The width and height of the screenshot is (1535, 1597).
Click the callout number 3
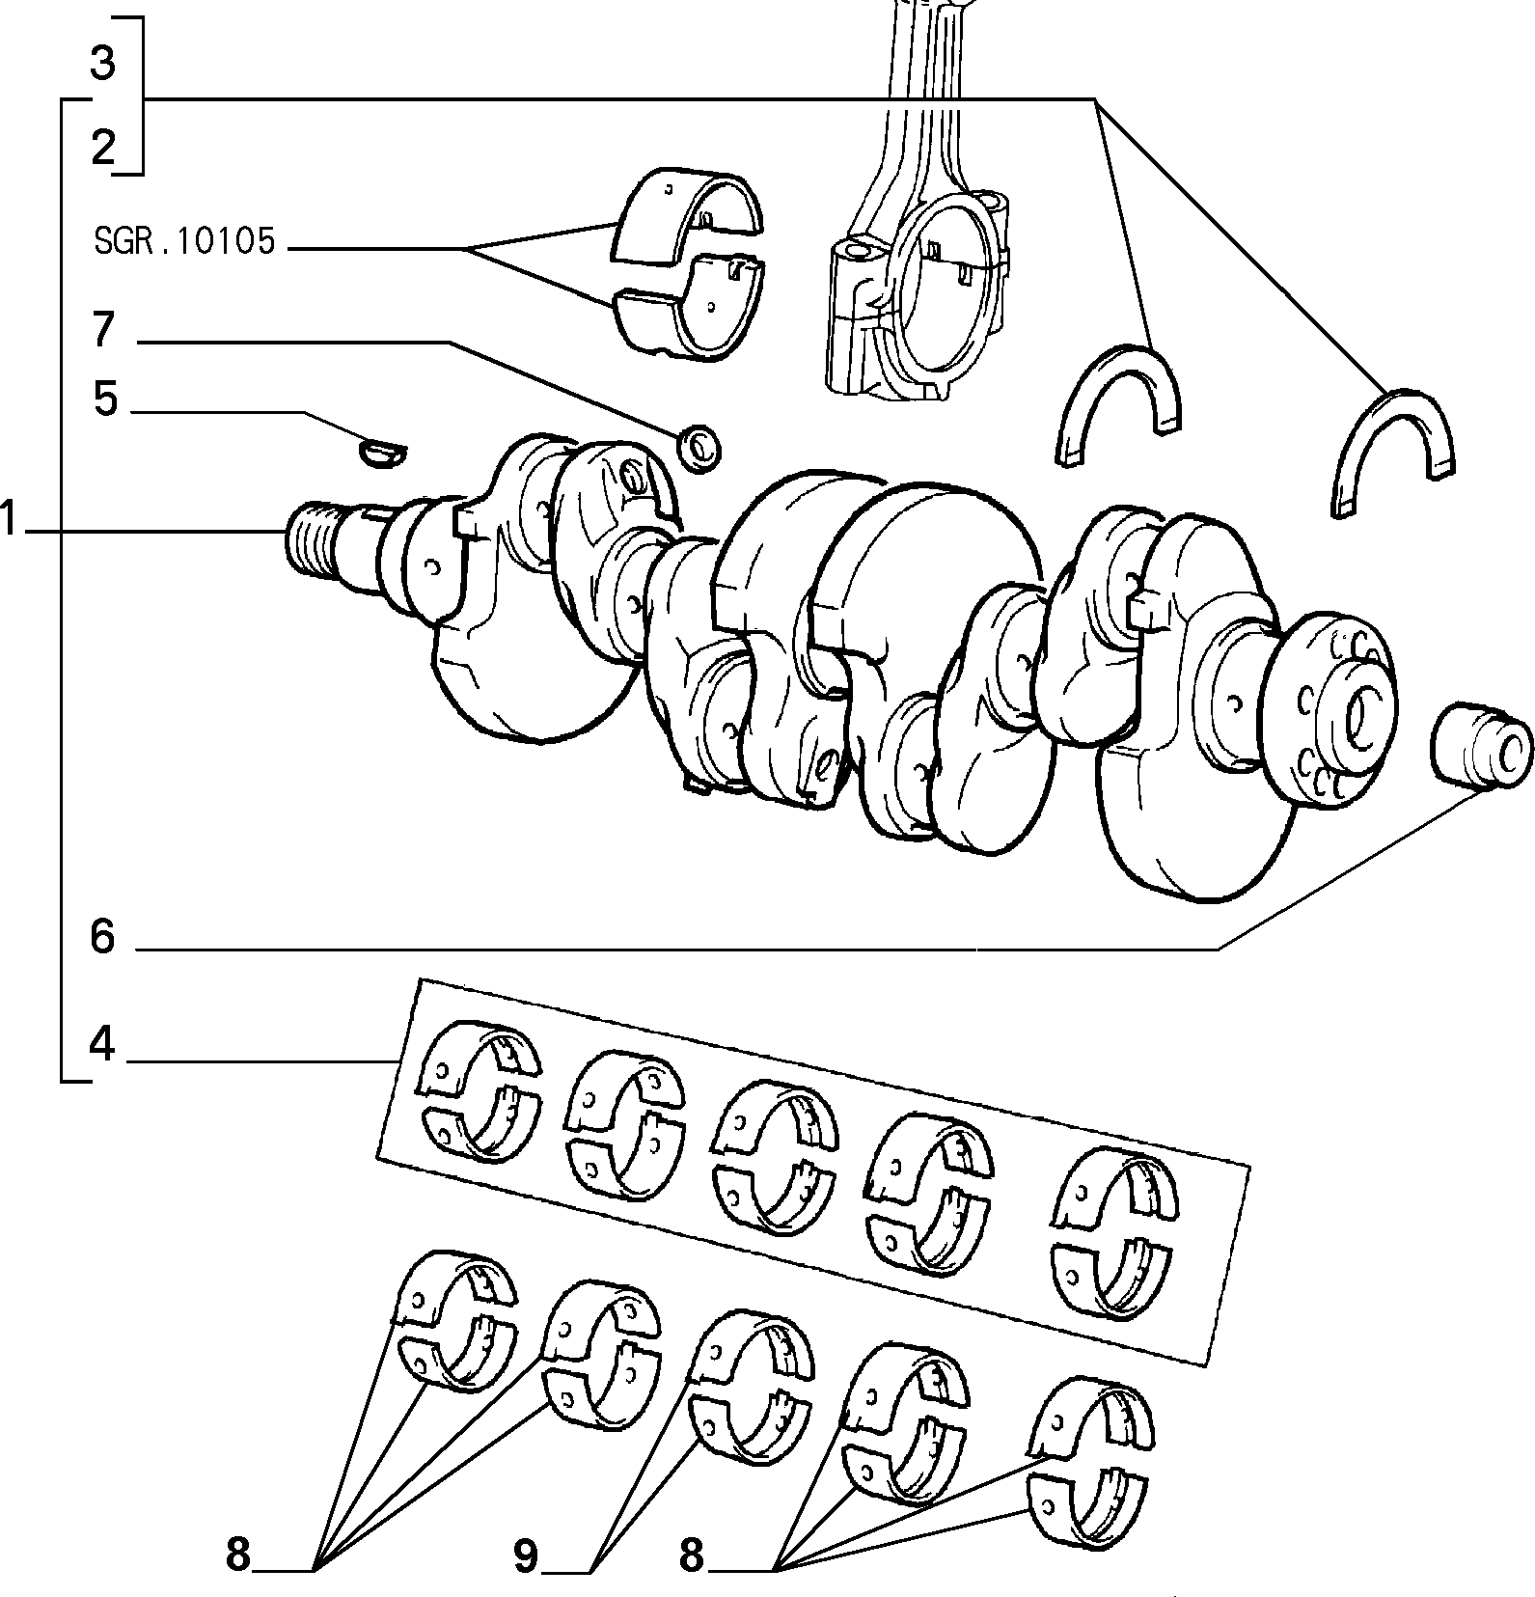click(x=102, y=63)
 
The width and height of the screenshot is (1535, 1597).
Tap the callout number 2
click(x=103, y=148)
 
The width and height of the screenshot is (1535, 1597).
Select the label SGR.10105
click(x=184, y=241)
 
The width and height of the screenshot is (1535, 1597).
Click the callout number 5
click(x=105, y=399)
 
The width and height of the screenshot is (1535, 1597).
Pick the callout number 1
click(x=10, y=518)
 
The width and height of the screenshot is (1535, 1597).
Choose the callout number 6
click(x=102, y=936)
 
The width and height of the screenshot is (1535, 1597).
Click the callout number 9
click(x=526, y=1556)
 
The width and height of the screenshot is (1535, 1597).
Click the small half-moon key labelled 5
click(x=383, y=452)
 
